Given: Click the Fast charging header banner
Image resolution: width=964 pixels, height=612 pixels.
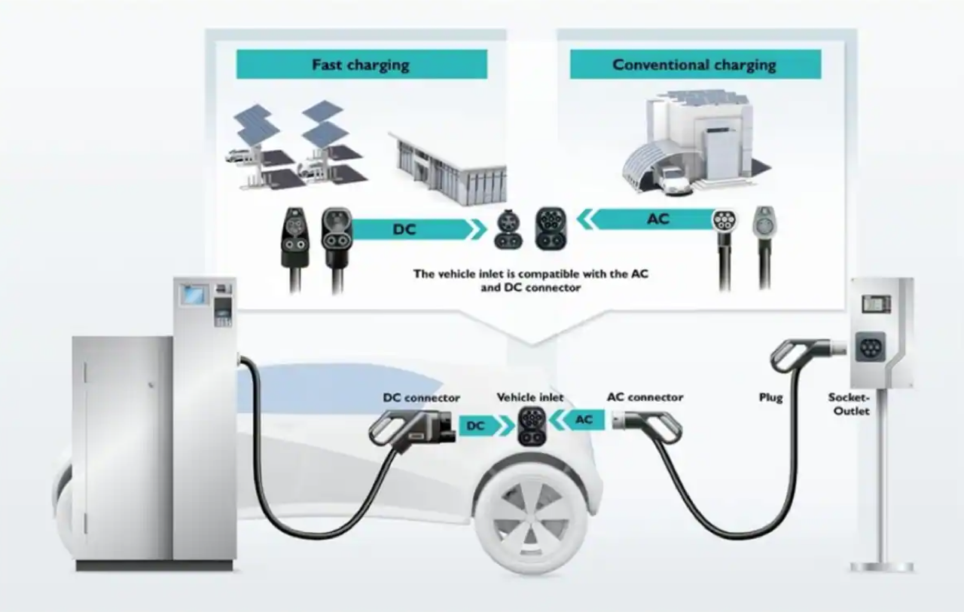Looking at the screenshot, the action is pos(361,64).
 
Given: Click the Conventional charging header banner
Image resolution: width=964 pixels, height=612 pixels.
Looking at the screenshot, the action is pos(695,64).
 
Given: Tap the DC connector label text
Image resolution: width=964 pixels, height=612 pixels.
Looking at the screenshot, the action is pos(421,397).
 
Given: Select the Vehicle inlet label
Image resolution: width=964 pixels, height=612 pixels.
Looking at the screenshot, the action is pos(530,397).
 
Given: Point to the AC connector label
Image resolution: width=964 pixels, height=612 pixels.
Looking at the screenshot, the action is pos(645,397).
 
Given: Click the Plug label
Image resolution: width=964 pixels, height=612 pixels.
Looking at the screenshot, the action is pos(770,397).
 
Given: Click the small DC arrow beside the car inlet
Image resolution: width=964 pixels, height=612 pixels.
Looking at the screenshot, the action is pos(487,426).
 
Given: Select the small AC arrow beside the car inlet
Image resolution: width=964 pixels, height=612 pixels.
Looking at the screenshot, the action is pos(577,420).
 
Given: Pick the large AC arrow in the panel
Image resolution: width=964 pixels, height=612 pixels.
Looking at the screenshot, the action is pos(645,219).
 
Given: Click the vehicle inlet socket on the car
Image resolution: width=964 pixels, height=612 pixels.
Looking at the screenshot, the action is pos(532,426).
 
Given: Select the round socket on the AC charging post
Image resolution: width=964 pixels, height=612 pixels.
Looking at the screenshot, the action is pos(870,347).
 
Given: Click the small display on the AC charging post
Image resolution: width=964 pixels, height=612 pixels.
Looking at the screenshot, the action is pos(876,304).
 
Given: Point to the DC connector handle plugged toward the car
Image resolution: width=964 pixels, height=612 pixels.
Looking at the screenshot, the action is pos(412,429).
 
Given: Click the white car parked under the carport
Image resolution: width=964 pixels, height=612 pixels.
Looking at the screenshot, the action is pos(674,181).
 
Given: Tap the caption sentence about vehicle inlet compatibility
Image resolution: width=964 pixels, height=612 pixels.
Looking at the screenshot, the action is pos(531,280).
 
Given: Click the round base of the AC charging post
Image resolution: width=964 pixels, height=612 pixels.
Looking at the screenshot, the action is pos(881,567).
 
